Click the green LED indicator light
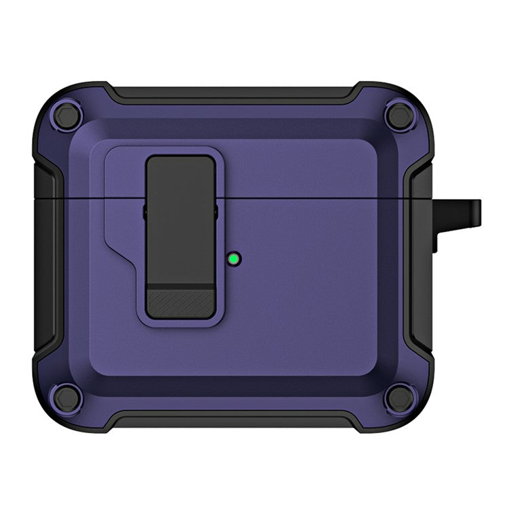(234, 258)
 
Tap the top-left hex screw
(67, 114)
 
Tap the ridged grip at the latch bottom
(180, 302)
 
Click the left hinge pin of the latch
(145, 211)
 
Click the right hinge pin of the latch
(216, 211)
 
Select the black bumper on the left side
(44, 258)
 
